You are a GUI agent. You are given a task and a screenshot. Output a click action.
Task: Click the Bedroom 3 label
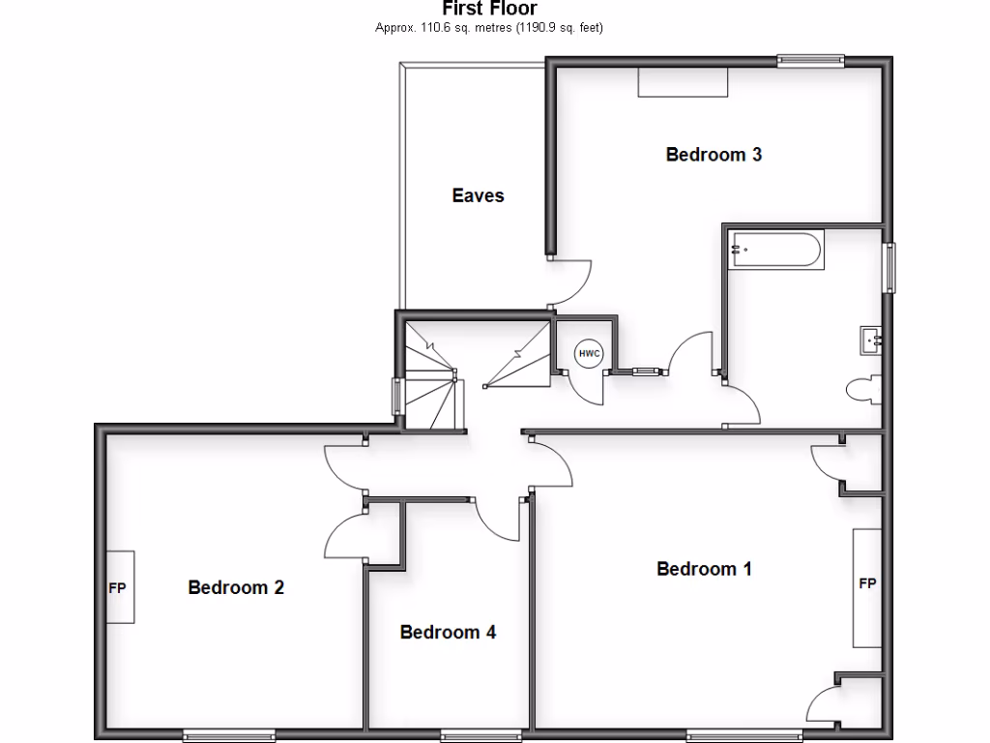[713, 154]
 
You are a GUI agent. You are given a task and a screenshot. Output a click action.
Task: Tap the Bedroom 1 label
[704, 569]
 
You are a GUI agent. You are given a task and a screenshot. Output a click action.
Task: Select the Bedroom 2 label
[236, 587]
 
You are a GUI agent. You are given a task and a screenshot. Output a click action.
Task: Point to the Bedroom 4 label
[449, 633]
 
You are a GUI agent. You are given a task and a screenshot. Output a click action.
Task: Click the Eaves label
[478, 195]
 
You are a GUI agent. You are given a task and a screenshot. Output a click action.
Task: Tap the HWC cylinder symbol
[589, 354]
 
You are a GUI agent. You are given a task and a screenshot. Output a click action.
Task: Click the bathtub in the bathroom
[776, 251]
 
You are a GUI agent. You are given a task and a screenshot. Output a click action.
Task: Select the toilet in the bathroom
[863, 390]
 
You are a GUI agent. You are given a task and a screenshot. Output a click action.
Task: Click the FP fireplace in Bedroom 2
[118, 587]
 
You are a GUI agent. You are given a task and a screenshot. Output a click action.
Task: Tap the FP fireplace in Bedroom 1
[867, 586]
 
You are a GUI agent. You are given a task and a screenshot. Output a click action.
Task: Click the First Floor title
[489, 9]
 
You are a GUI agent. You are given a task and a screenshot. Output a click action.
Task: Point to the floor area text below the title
[489, 28]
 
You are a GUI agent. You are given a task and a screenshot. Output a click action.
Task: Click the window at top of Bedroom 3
[811, 61]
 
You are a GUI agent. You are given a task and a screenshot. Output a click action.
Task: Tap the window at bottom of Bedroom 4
[468, 733]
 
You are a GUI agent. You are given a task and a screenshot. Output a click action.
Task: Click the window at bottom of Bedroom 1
[744, 733]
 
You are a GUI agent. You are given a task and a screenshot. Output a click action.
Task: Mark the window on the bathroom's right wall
[888, 267]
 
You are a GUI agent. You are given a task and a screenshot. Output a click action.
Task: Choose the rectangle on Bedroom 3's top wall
[683, 82]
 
